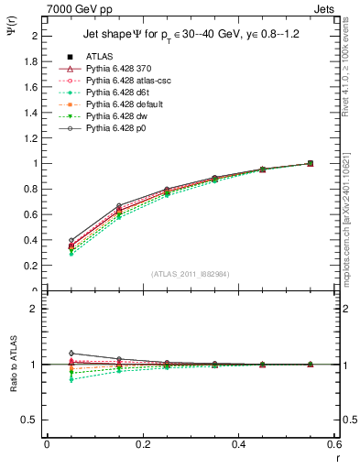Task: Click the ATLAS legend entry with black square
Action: click(x=101, y=57)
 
